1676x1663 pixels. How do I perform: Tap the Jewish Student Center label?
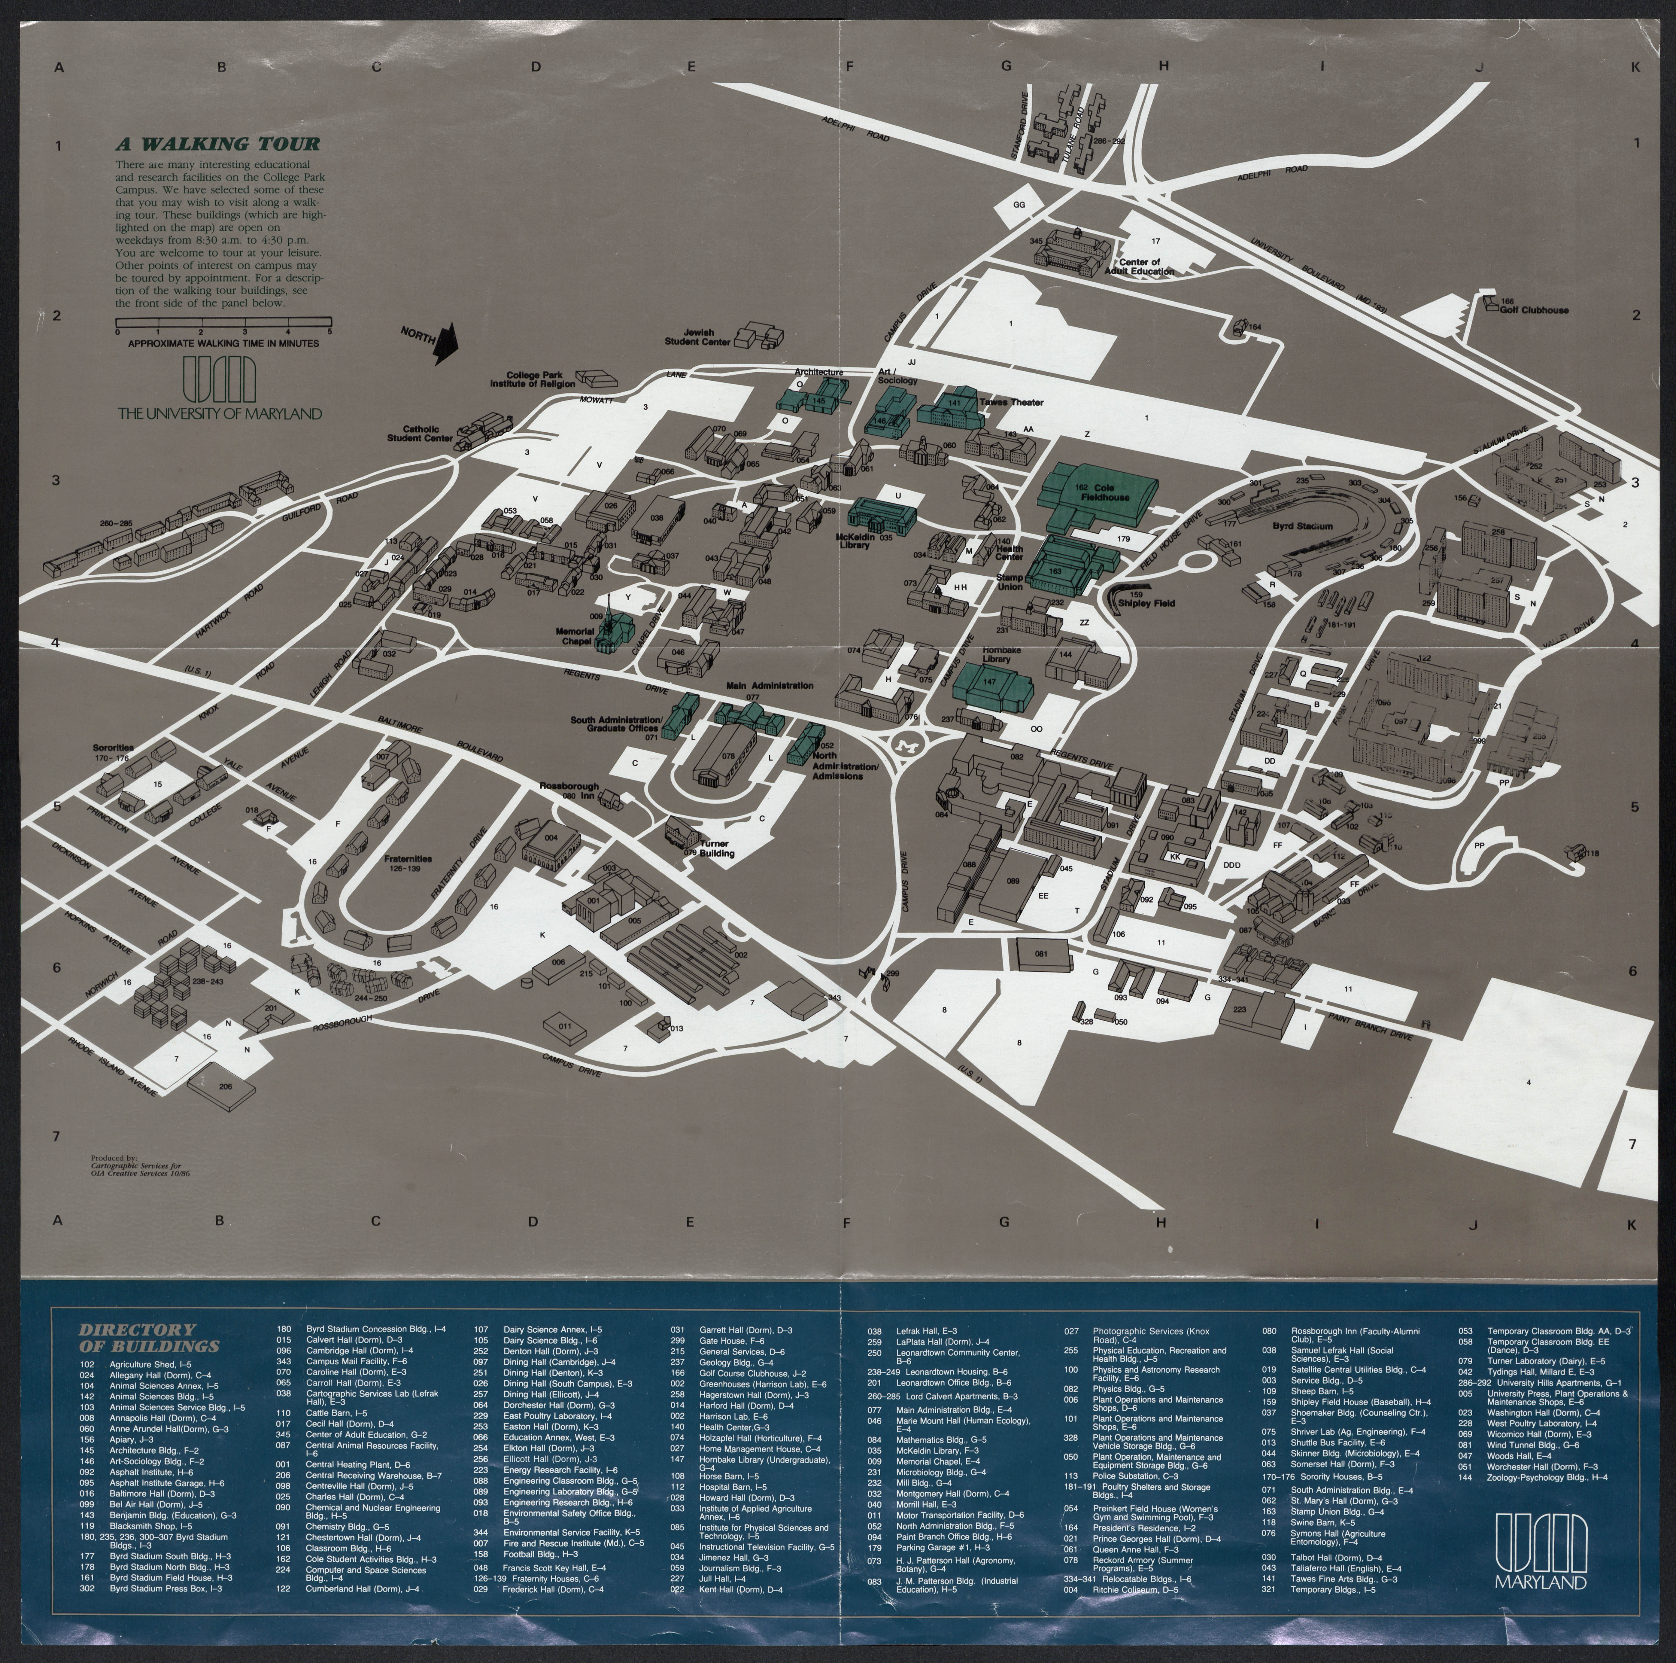point(698,337)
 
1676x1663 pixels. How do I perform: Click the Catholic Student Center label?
point(420,433)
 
